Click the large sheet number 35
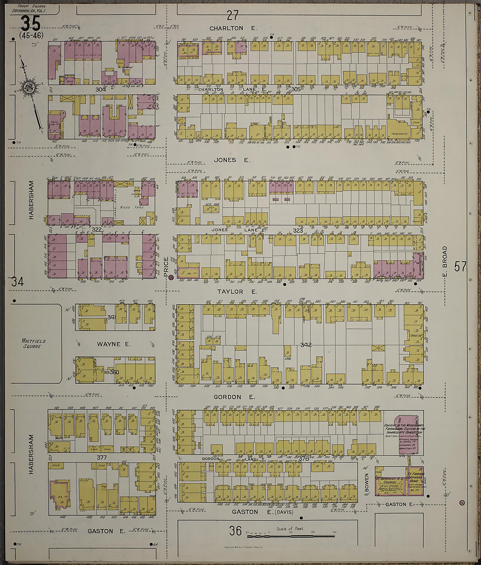[31, 23]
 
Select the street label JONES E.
[232, 160]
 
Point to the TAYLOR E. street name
[237, 292]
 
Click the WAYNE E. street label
[114, 344]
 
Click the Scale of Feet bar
[291, 536]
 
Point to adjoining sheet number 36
[236, 531]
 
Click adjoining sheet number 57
[460, 266]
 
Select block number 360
[115, 372]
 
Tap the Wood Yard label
[132, 207]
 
